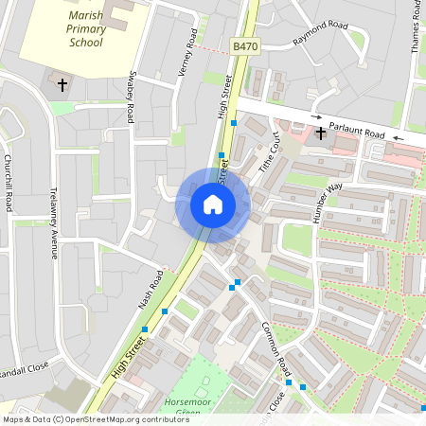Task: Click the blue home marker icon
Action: (x=213, y=204)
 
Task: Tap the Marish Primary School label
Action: (x=86, y=29)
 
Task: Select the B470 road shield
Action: (x=244, y=45)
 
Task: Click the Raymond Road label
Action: (x=320, y=35)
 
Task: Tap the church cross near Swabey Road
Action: (x=63, y=85)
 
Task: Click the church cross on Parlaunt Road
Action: (x=321, y=133)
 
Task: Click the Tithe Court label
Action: (x=270, y=151)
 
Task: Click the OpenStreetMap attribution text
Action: (x=95, y=419)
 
